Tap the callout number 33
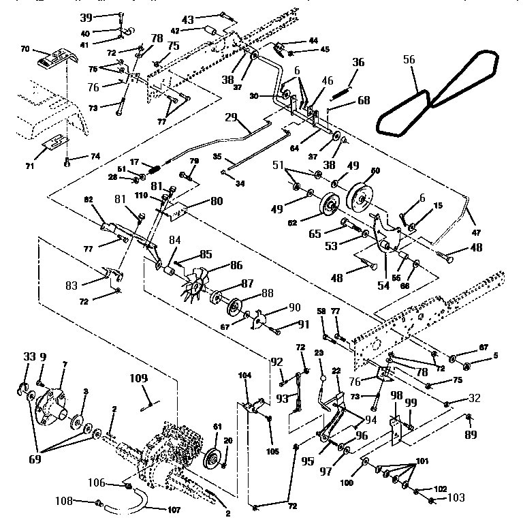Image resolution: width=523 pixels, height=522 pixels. click(x=29, y=356)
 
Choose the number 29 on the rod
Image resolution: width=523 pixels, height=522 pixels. click(x=230, y=119)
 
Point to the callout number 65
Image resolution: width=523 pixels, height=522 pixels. click(x=314, y=232)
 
